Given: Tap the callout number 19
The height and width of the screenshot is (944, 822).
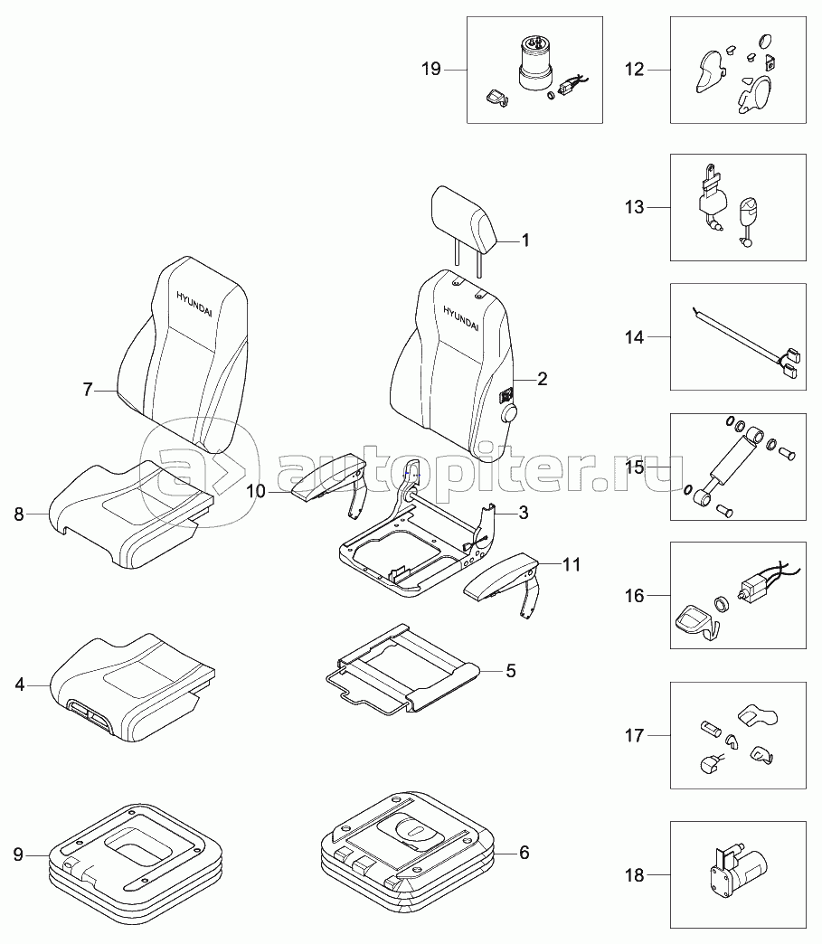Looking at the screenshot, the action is [x=431, y=70].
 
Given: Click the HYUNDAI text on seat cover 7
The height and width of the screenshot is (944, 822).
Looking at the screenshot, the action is [x=194, y=305].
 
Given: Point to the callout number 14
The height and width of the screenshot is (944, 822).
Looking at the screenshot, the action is [x=634, y=337].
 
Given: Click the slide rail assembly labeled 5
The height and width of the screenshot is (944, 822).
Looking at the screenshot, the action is [x=402, y=669].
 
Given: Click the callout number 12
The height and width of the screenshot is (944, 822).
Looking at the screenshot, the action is [x=634, y=70].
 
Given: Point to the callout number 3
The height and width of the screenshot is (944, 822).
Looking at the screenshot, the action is [x=524, y=513].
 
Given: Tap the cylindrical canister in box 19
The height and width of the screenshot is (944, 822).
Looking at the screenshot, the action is [x=534, y=65].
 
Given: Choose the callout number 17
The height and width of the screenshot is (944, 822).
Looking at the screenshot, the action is [x=634, y=736].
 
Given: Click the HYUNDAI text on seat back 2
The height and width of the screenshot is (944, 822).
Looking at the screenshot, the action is [x=460, y=318].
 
